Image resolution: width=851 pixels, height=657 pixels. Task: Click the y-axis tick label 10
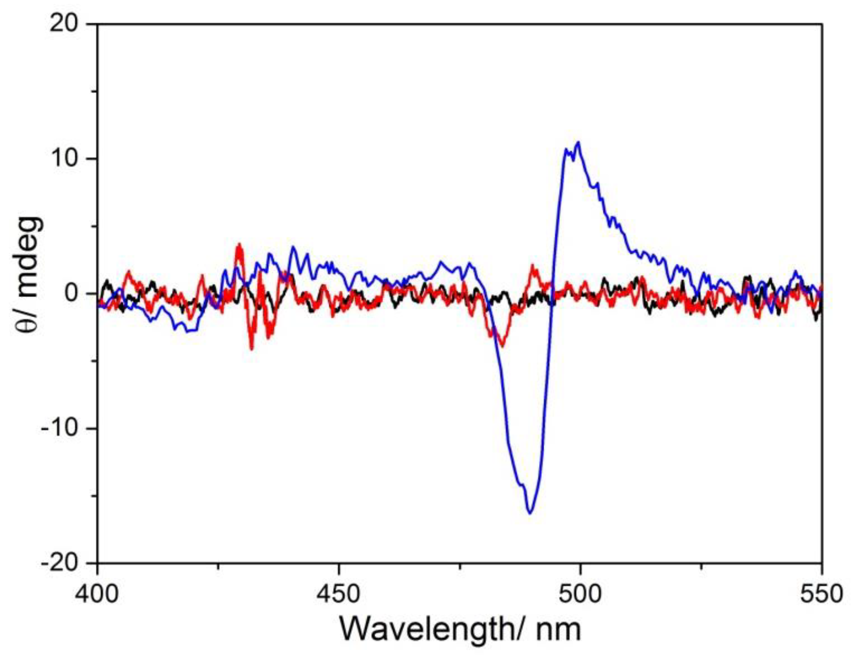pos(63,159)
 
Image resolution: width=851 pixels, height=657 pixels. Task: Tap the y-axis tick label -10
pos(59,429)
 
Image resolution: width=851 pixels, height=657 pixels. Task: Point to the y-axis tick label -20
pos(59,562)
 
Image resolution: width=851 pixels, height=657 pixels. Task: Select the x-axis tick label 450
pos(339,594)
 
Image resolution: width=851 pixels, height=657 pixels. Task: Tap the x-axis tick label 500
pos(580,594)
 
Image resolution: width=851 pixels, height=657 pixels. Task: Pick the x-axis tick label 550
pos(821,594)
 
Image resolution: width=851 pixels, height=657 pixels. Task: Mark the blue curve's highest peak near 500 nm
pos(579,143)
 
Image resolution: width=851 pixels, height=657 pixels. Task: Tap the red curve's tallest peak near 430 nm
pos(239,244)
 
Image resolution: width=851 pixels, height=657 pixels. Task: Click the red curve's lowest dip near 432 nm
pos(252,348)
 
